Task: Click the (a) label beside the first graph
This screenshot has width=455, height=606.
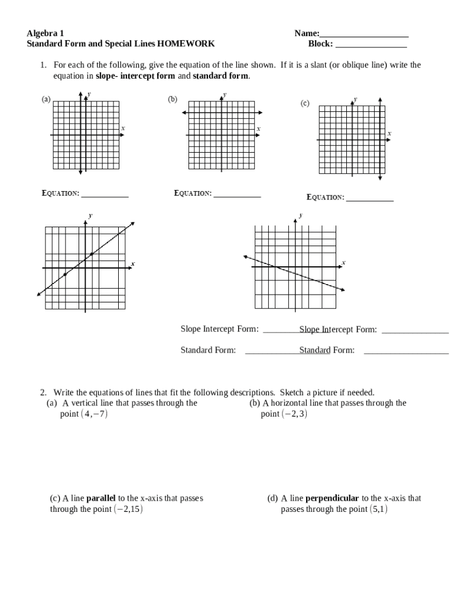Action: tap(45, 99)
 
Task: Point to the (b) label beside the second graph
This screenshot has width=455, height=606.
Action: tap(173, 99)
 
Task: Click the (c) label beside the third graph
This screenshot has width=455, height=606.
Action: tap(304, 104)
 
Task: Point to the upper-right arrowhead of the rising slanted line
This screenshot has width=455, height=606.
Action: tap(133, 223)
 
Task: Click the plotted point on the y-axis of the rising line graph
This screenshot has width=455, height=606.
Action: tap(91, 254)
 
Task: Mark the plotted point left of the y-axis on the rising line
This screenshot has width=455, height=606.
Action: tap(65, 274)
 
